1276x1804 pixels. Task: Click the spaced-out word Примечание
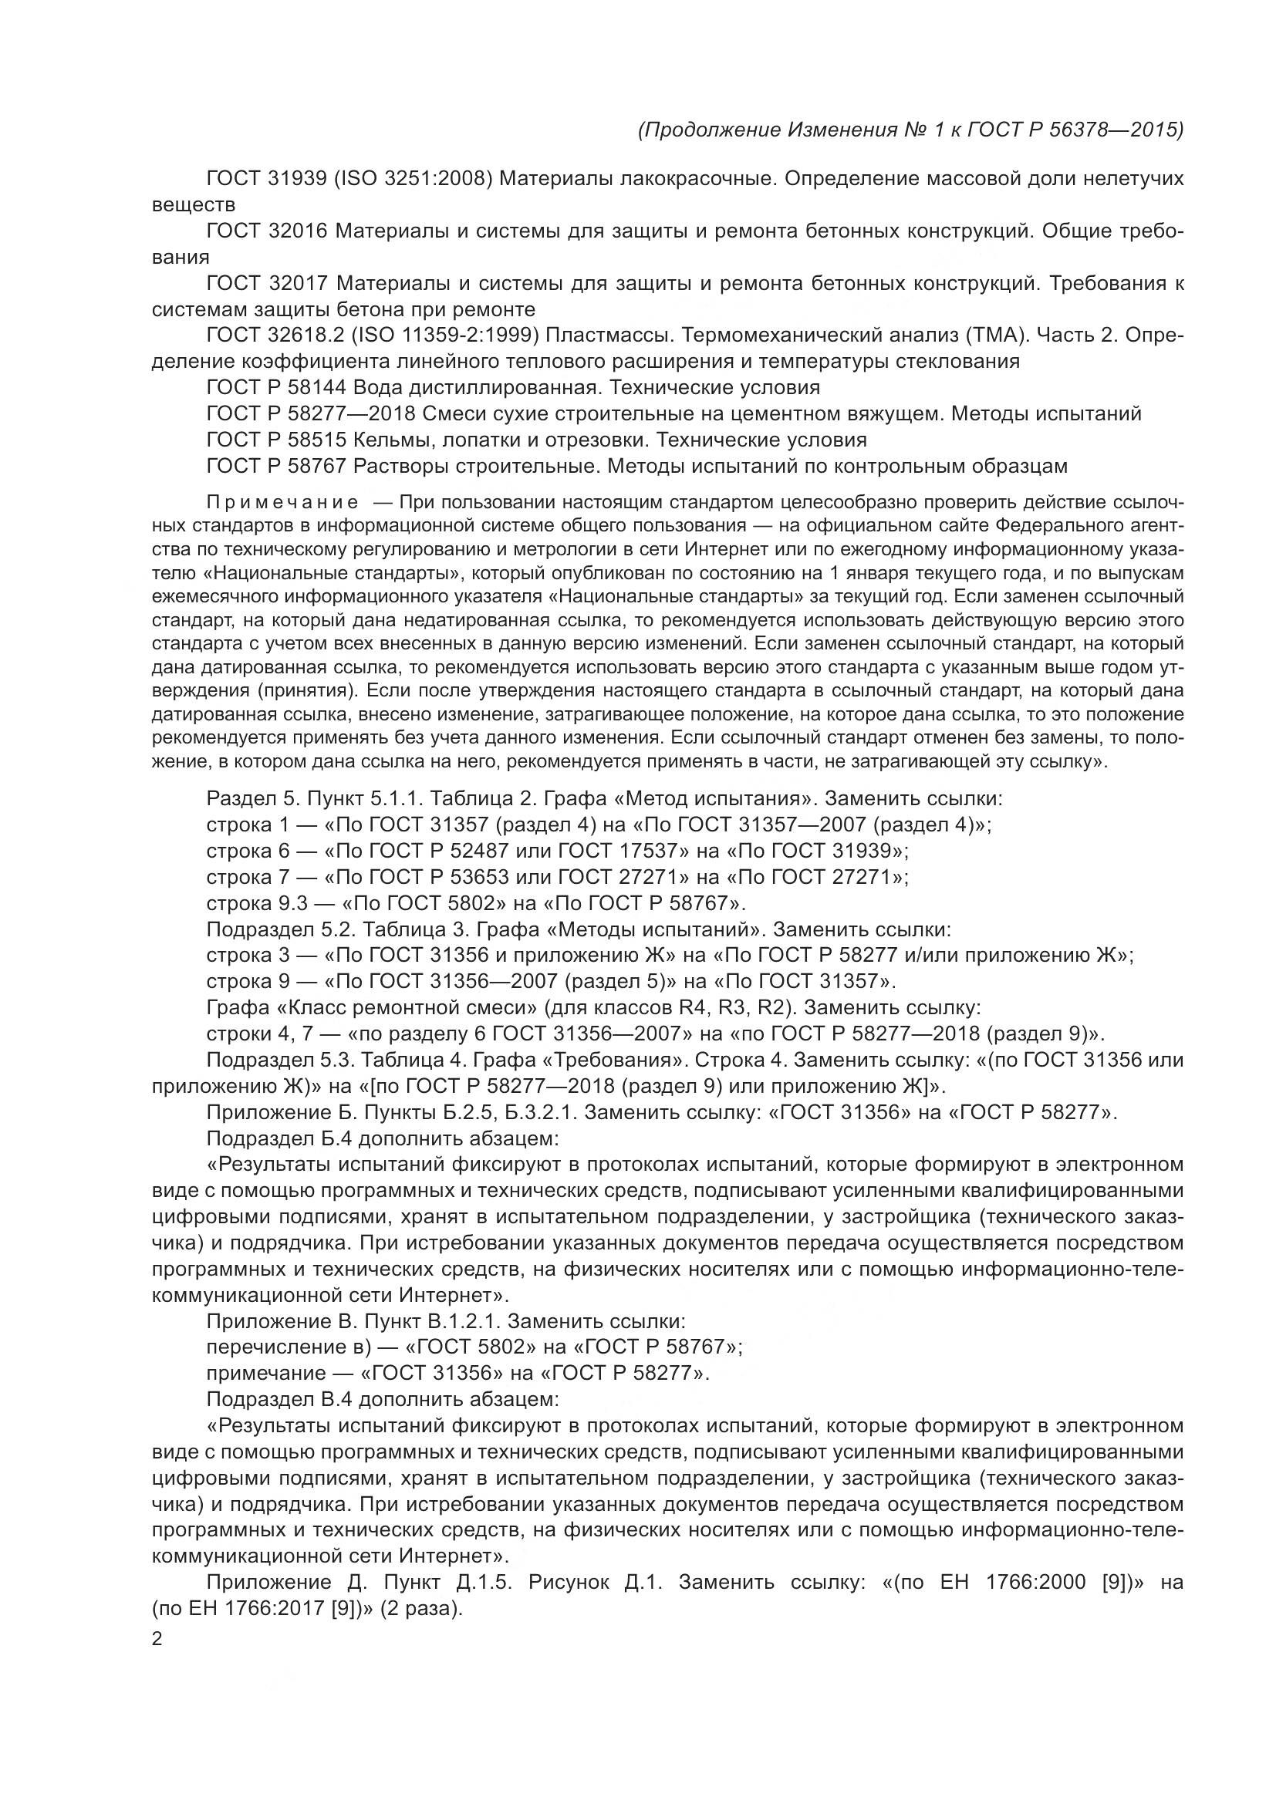[283, 502]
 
